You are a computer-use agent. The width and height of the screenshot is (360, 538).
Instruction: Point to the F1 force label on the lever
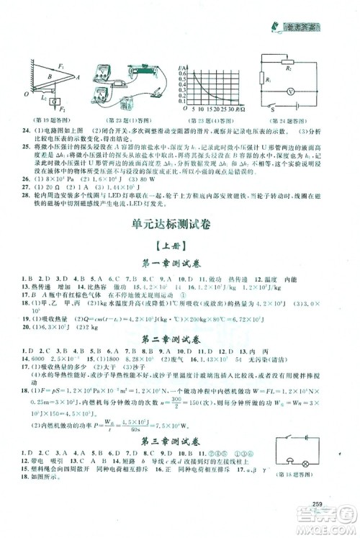63,67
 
